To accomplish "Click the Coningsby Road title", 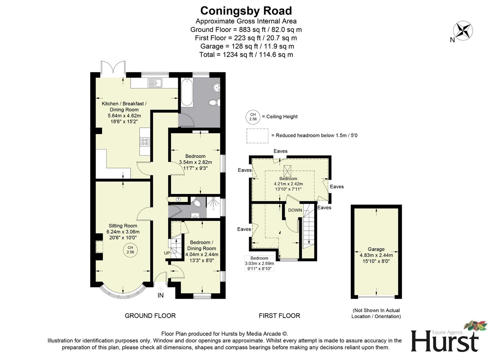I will (246, 11).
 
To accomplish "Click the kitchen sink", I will (154, 83).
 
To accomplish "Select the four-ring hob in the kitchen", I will (145, 142).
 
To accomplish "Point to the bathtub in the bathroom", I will (187, 92).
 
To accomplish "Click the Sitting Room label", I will (123, 226).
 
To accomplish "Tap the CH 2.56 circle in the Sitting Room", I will (130, 250).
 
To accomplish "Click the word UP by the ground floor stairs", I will (167, 253).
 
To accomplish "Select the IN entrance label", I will (160, 295).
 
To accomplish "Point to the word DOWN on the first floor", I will (295, 210).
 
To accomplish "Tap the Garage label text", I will (376, 249).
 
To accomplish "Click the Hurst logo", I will (445, 338).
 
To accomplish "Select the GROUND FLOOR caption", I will (150, 316).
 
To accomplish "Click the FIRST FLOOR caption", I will (279, 316).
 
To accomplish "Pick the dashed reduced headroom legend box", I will (257, 136).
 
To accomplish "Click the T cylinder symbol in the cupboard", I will (178, 199).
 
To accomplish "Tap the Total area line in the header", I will (246, 55).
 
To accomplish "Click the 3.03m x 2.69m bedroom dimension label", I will (259, 263).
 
